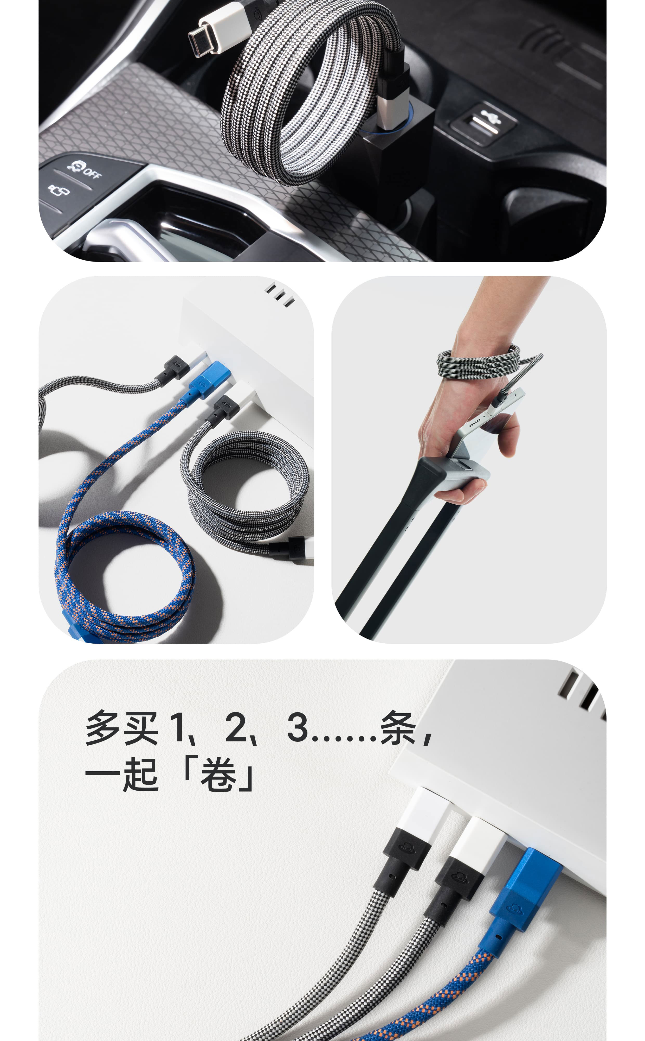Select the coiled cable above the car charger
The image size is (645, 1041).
(311, 92)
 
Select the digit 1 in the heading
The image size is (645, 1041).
(178, 727)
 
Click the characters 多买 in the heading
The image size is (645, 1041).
(121, 728)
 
